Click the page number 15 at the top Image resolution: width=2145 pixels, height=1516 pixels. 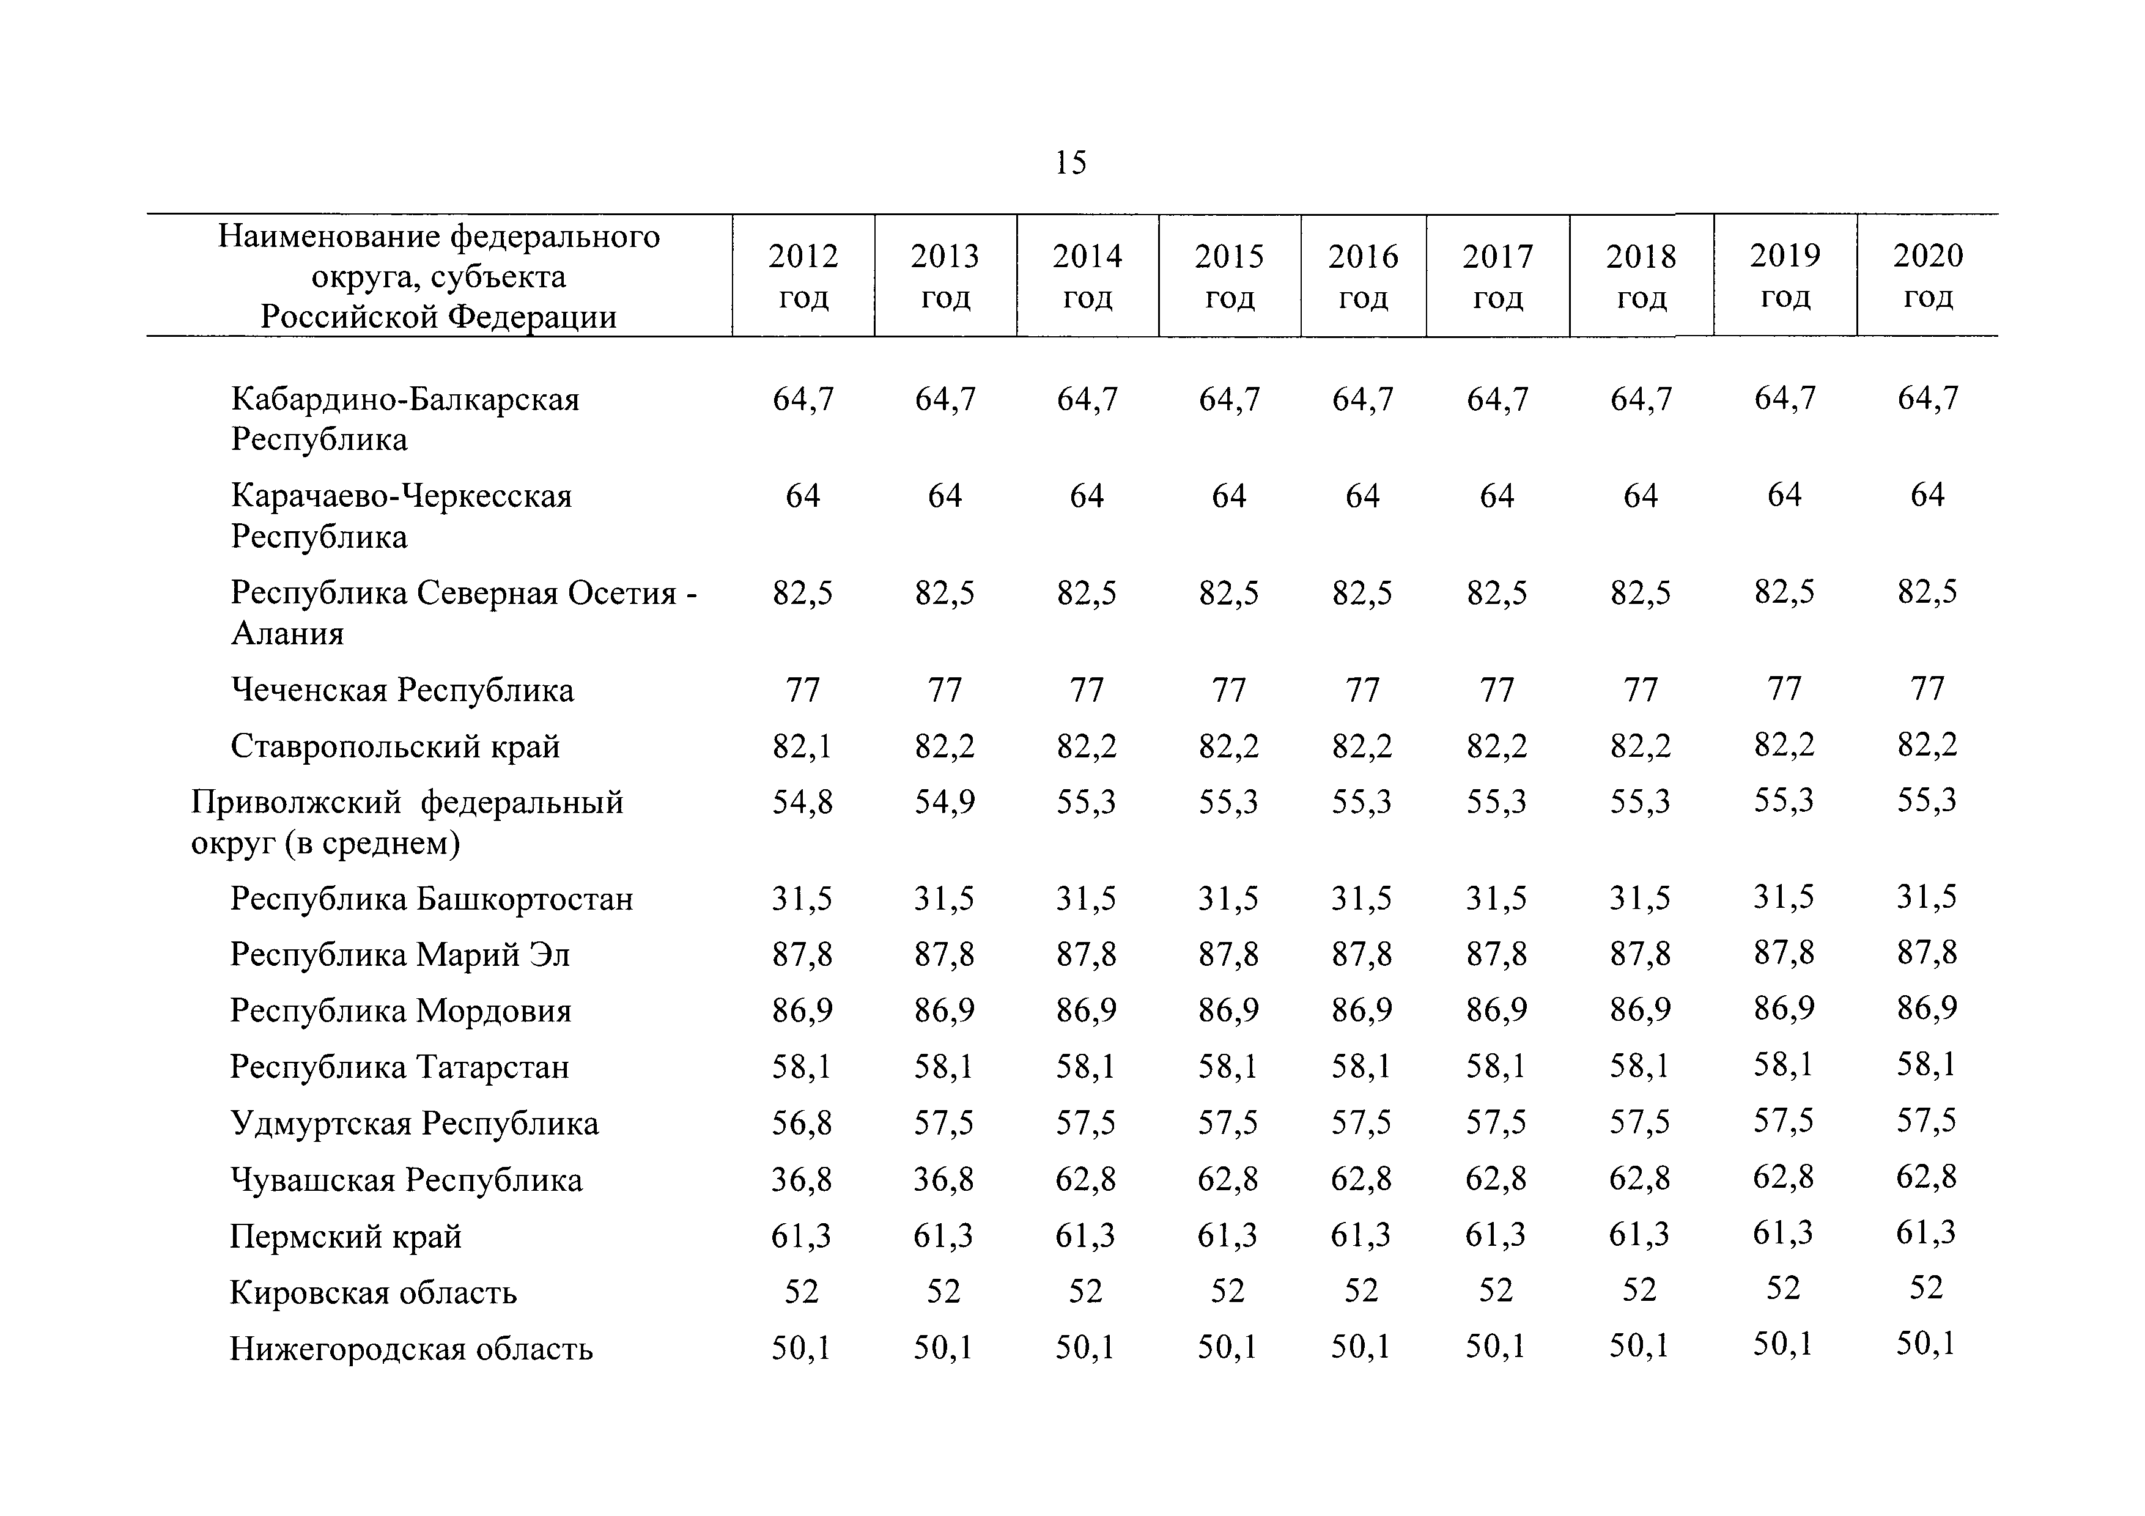[1071, 163]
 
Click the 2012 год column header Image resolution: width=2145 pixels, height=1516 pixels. [803, 276]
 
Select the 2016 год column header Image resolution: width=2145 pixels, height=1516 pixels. [1363, 276]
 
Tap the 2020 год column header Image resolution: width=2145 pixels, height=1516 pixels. [1929, 276]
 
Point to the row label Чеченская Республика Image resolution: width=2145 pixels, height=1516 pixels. [403, 690]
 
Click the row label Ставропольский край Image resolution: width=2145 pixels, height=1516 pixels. [395, 746]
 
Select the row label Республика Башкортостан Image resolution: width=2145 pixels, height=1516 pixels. [432, 899]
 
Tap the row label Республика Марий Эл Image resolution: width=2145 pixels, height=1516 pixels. [400, 955]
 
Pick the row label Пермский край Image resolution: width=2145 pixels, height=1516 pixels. [345, 1237]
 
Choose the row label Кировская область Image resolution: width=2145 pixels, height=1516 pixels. [373, 1293]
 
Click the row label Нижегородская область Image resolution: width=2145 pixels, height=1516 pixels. [411, 1349]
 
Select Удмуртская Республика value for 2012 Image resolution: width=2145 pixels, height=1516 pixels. [802, 1124]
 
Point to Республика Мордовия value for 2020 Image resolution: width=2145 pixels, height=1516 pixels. [1926, 1009]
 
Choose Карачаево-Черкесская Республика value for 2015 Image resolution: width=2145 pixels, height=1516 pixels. [1228, 496]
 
